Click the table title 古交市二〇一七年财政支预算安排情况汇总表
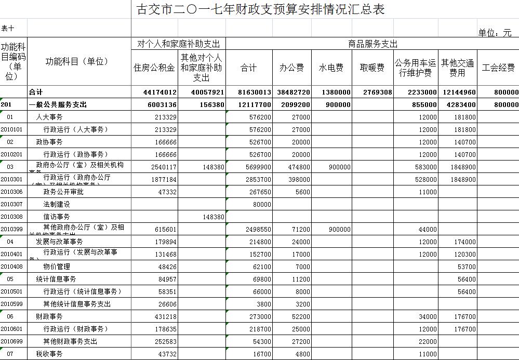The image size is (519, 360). [260, 9]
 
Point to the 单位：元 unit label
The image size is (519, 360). [495, 33]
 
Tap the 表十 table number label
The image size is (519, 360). [8, 28]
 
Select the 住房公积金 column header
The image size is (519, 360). [154, 68]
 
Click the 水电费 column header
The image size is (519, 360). [331, 68]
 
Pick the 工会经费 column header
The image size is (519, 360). [498, 68]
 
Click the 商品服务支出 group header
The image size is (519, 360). [372, 44]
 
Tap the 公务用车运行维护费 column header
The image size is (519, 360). [416, 68]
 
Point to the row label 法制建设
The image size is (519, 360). [57, 205]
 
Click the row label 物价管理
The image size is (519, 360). [57, 267]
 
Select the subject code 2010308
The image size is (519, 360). [11, 217]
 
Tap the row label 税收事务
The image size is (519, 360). [49, 354]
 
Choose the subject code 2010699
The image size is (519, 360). [11, 342]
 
